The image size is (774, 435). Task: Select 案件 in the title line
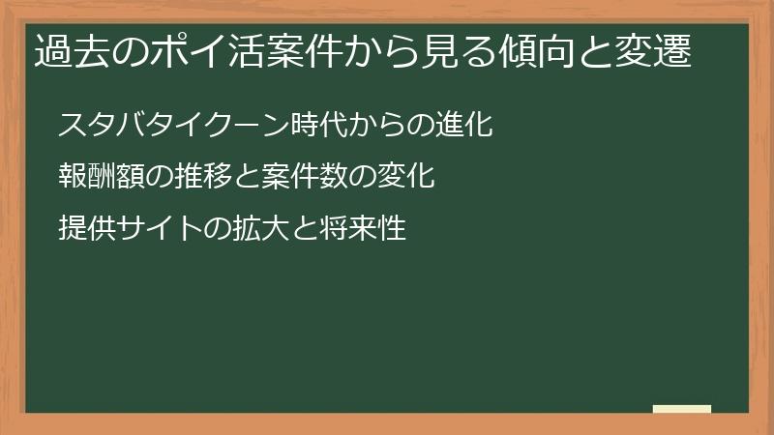coord(306,51)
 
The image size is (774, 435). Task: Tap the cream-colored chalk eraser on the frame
coord(682,409)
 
